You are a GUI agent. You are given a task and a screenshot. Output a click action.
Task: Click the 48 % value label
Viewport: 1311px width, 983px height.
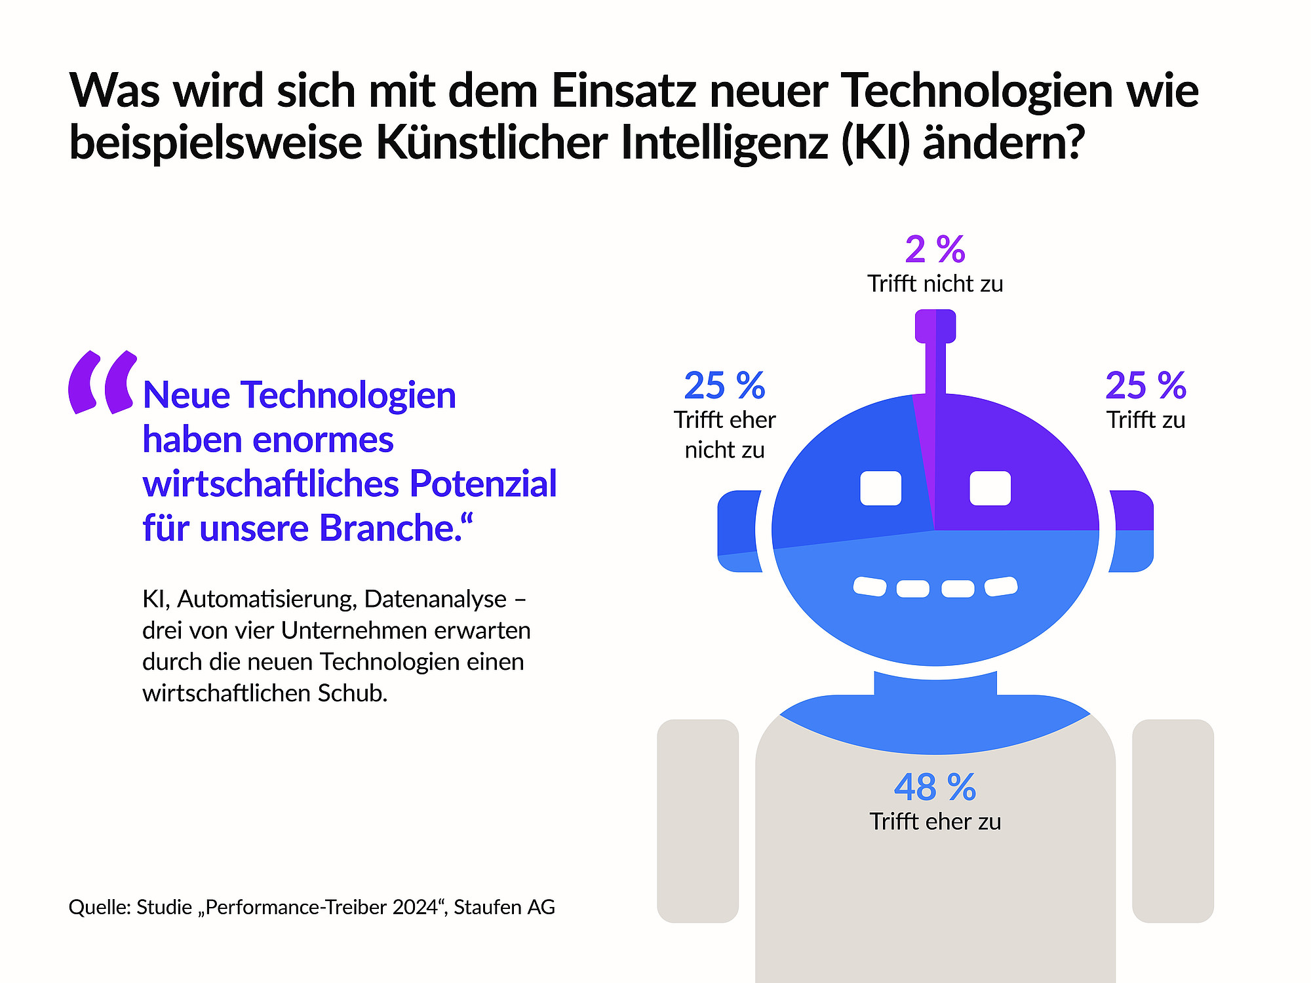click(x=935, y=787)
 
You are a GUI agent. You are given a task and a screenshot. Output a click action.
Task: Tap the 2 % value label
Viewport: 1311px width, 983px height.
click(x=935, y=250)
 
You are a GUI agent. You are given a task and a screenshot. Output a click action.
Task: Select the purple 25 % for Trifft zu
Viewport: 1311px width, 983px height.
click(x=1146, y=385)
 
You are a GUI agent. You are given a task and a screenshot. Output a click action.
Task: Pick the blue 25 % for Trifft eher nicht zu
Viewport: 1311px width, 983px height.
click(x=724, y=385)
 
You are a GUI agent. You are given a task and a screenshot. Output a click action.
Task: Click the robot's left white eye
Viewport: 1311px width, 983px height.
click(x=880, y=488)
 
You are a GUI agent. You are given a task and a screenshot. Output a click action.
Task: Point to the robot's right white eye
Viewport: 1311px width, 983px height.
click(x=990, y=488)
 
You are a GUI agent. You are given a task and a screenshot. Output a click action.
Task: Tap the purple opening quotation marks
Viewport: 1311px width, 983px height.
click(x=103, y=383)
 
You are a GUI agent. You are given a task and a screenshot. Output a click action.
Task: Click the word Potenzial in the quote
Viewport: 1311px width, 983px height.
click(x=483, y=484)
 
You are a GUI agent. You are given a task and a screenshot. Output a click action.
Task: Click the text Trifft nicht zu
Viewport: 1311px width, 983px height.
click(x=935, y=284)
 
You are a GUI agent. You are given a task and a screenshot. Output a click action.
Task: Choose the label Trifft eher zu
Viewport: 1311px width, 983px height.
click(x=935, y=821)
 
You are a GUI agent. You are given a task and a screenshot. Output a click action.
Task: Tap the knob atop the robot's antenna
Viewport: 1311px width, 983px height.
click(x=935, y=326)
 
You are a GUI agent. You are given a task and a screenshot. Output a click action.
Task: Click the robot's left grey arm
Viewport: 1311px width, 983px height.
click(x=697, y=820)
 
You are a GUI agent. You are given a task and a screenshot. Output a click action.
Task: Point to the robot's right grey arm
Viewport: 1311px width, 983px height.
click(x=1173, y=820)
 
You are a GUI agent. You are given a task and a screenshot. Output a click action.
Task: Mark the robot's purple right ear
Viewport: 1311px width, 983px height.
click(x=1132, y=511)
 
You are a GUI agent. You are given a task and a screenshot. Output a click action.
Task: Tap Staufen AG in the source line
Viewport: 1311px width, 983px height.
click(x=504, y=907)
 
